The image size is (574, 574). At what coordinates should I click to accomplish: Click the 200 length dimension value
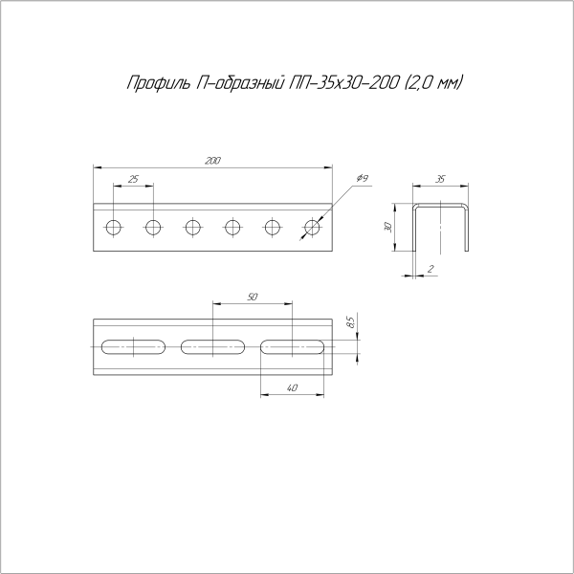pyautogui.click(x=212, y=161)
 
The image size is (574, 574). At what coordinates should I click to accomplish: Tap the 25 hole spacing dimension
pyautogui.click(x=132, y=180)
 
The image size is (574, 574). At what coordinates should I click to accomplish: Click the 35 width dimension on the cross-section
pyautogui.click(x=440, y=179)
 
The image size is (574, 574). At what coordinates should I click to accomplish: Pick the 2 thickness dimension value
pyautogui.click(x=431, y=270)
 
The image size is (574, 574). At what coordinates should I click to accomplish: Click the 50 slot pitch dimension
pyautogui.click(x=252, y=298)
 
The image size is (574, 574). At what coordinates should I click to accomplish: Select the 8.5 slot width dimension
pyautogui.click(x=351, y=321)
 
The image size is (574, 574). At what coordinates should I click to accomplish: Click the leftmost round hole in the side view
pyautogui.click(x=113, y=227)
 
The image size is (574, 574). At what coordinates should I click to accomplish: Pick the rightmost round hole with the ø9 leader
pyautogui.click(x=312, y=227)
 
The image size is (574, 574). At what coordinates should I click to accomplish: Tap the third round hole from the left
pyautogui.click(x=193, y=227)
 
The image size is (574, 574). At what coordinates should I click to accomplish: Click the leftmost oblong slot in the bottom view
pyautogui.click(x=132, y=345)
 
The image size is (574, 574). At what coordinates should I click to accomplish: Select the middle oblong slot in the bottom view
pyautogui.click(x=212, y=345)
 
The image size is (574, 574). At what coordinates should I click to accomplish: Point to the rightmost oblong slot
pyautogui.click(x=292, y=345)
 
